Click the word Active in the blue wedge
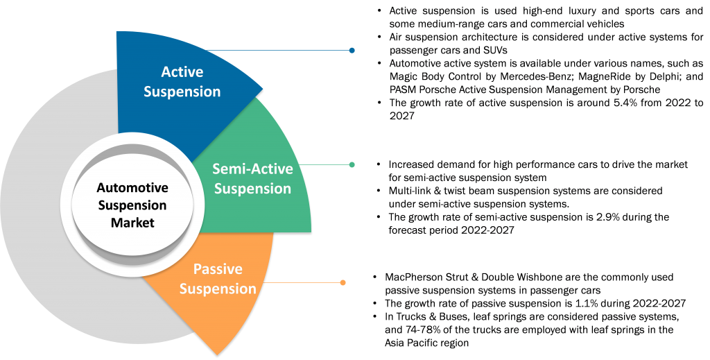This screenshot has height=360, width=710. pyautogui.click(x=182, y=71)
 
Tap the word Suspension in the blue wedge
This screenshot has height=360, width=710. pyautogui.click(x=182, y=91)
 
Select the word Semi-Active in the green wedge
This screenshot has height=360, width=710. pyautogui.click(x=252, y=169)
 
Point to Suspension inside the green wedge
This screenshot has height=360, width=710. pyautogui.click(x=252, y=188)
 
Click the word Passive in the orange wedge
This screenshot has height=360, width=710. pyautogui.click(x=217, y=269)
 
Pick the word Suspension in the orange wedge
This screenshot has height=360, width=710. pyautogui.click(x=217, y=288)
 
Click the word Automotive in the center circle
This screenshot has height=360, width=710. pyautogui.click(x=132, y=188)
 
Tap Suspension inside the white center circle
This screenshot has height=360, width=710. pyautogui.click(x=132, y=205)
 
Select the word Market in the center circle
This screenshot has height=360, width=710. pyautogui.click(x=132, y=223)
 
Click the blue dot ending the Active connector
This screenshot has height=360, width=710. pyautogui.click(x=352, y=51)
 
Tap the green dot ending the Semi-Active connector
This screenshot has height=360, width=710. pyautogui.click(x=352, y=165)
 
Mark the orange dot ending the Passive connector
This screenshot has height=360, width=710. pyautogui.click(x=343, y=282)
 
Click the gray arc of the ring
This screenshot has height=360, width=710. pyautogui.click(x=42, y=208)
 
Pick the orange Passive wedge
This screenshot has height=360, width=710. pyautogui.click(x=229, y=312)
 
